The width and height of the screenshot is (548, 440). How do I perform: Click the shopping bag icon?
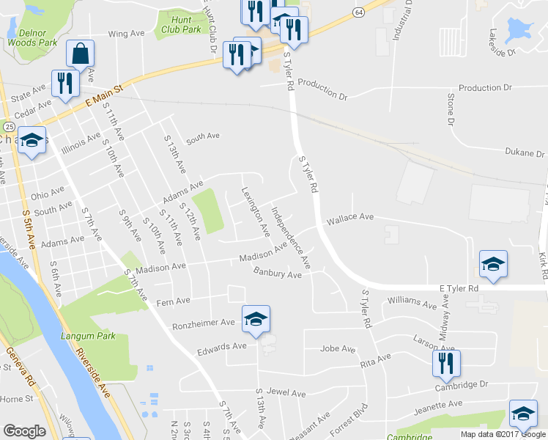pos(80,54)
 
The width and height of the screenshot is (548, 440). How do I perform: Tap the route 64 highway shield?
pos(358,12)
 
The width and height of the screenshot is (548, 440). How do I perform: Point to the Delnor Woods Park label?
pos(32,37)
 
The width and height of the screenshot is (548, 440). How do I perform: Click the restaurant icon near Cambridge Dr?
pos(444,363)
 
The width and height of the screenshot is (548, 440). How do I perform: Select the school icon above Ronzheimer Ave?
pos(256,319)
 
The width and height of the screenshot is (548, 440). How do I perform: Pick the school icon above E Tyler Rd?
pos(493,264)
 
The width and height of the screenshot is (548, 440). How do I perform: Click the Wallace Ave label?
pos(350,218)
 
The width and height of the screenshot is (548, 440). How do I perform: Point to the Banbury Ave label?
pos(278,274)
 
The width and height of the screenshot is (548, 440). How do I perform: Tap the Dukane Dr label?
pos(526,153)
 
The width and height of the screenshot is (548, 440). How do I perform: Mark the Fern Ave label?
pos(174,301)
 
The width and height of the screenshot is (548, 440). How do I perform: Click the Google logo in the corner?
pos(24,430)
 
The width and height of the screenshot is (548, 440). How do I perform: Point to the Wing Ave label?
pos(126,34)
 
